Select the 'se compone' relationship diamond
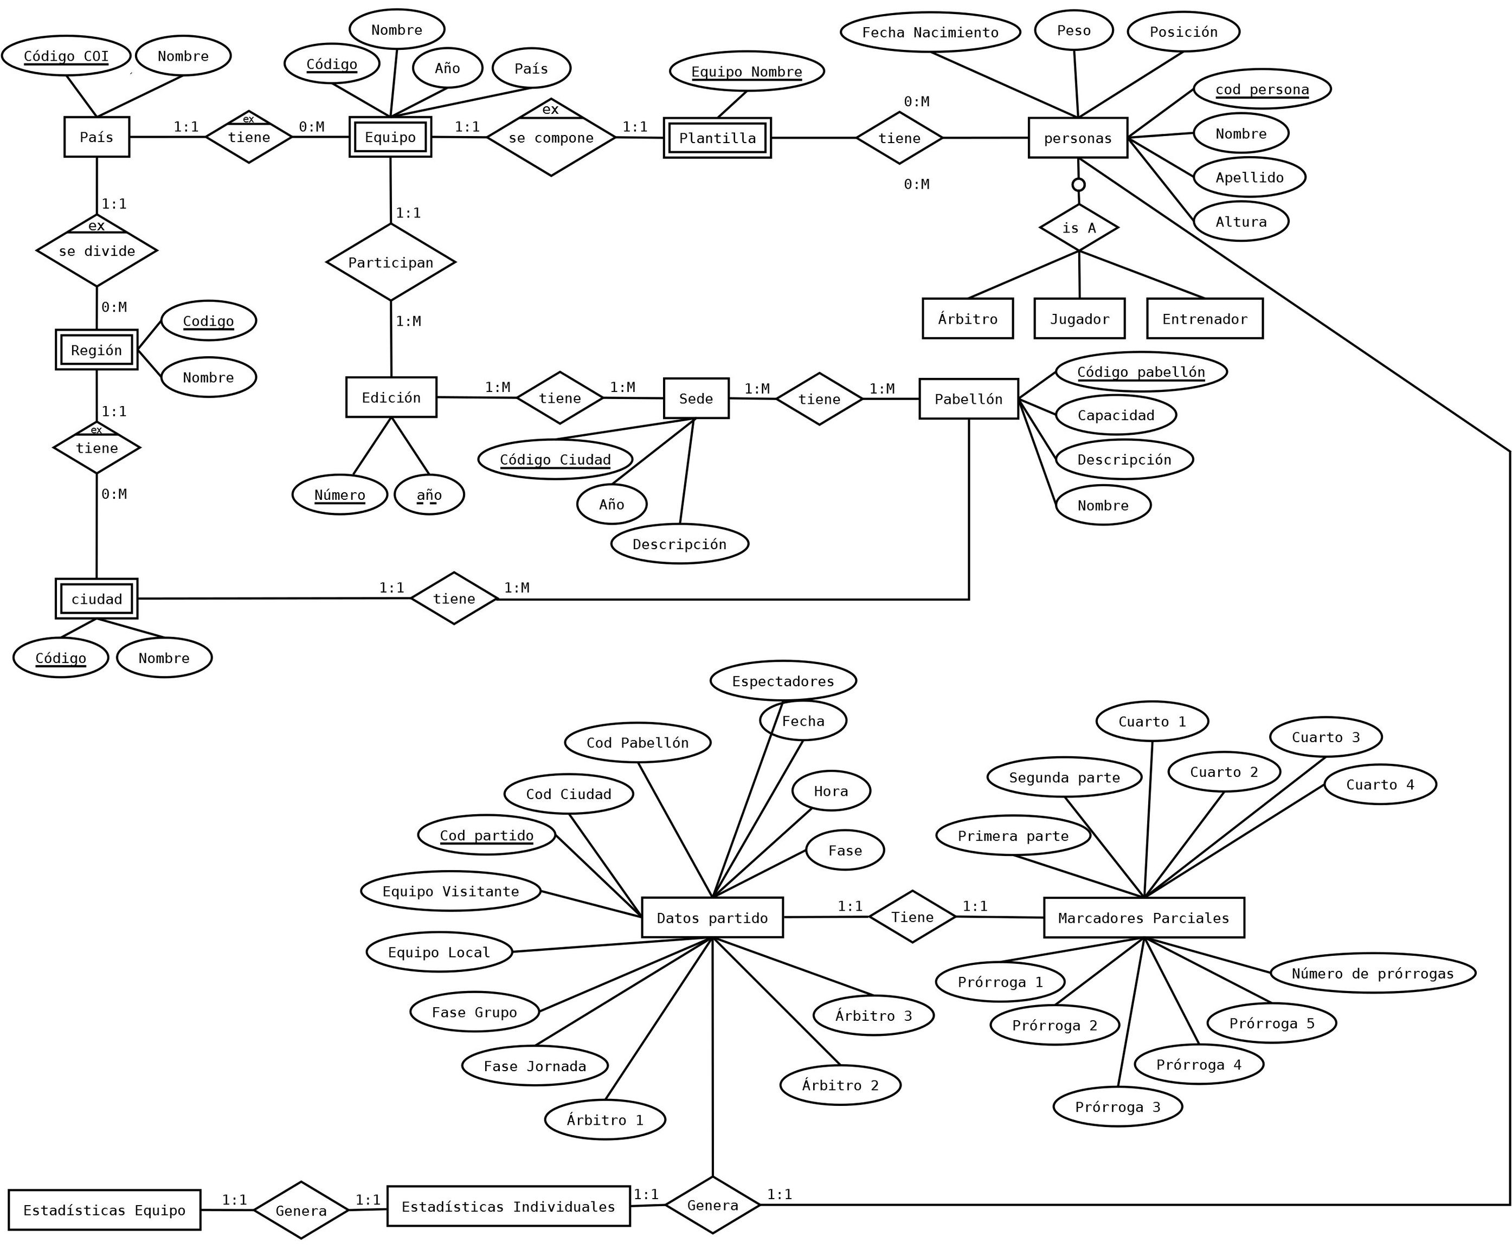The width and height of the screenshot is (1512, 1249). click(551, 137)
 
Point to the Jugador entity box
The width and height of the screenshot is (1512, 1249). click(1079, 319)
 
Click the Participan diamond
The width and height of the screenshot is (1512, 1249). click(390, 262)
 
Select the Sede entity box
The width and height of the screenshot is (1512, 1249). click(696, 398)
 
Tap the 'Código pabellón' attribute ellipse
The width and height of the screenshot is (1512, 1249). click(1140, 372)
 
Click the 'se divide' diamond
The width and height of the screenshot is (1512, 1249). click(97, 251)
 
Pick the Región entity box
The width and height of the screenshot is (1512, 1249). click(96, 350)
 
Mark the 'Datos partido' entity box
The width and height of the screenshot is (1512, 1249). click(712, 918)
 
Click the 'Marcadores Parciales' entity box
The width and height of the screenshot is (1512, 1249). click(1143, 918)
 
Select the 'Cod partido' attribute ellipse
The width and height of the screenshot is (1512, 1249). click(486, 835)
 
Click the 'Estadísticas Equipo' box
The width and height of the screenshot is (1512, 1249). click(104, 1210)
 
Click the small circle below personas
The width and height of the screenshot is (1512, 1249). click(1078, 185)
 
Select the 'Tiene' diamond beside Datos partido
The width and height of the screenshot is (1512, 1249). click(912, 917)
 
